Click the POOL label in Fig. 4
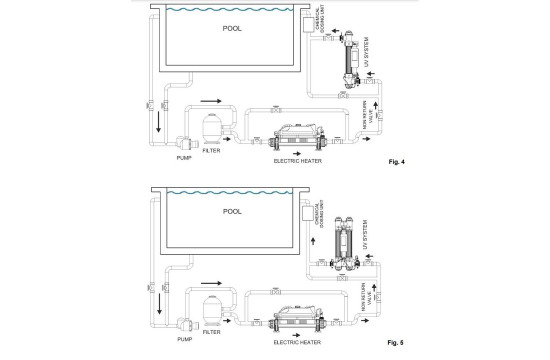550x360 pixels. (232, 28)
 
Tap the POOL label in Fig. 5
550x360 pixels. (232, 211)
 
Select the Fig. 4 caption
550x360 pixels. (396, 162)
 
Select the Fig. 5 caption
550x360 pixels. (395, 342)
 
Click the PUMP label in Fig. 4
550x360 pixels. (184, 158)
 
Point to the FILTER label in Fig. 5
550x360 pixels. (211, 332)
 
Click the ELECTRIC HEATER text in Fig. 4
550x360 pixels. (298, 161)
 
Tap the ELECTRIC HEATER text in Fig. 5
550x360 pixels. (297, 342)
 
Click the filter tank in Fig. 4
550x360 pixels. (212, 129)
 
